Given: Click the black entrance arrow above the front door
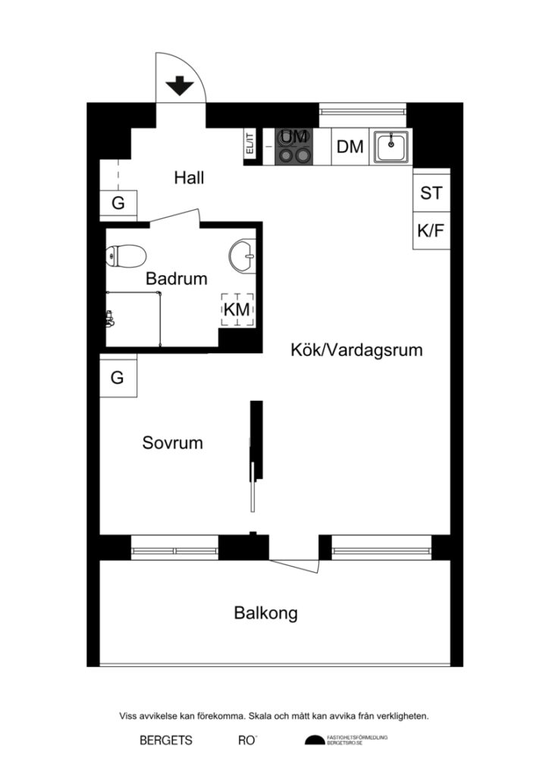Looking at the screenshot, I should [x=180, y=86].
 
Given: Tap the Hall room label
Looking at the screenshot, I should [x=189, y=178].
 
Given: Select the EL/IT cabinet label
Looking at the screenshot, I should [x=249, y=144].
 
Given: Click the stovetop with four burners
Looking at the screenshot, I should [x=294, y=146].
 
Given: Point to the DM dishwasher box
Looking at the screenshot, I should [x=350, y=147].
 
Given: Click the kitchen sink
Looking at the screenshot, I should [x=391, y=146].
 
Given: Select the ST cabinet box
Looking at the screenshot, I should [x=431, y=193].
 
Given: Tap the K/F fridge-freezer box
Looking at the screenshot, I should [x=431, y=231].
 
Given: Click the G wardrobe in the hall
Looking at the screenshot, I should [x=118, y=203].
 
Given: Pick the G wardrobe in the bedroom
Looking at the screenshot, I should [x=118, y=377].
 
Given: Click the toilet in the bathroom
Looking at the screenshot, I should [x=126, y=257].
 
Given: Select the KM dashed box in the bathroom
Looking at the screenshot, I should [x=237, y=310].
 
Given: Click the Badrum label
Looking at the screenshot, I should [x=176, y=279].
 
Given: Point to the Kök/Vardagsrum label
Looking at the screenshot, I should [x=356, y=351].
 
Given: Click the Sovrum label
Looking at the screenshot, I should [x=172, y=443].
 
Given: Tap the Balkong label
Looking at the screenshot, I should [x=265, y=613].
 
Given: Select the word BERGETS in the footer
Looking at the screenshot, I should [x=165, y=740].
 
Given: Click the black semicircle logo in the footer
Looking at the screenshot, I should [x=313, y=740].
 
